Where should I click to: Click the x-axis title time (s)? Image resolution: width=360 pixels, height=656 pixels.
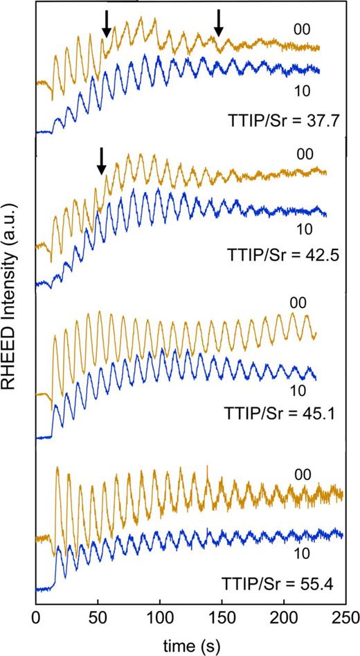pyautogui.click(x=190, y=643)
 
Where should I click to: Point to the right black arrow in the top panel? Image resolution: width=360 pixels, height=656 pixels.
pyautogui.click(x=219, y=22)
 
